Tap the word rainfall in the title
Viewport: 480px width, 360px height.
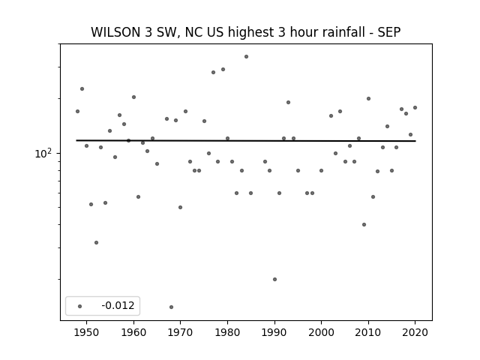click(340, 32)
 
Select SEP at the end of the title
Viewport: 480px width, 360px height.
click(388, 32)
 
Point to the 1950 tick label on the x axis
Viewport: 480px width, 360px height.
click(87, 332)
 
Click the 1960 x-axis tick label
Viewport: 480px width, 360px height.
click(133, 332)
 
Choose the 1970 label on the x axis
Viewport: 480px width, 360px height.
click(181, 332)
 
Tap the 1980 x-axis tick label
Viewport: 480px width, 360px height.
click(227, 332)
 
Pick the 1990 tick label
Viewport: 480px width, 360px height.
click(274, 332)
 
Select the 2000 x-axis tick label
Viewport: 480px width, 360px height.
click(322, 332)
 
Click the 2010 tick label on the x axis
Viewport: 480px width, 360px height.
click(368, 332)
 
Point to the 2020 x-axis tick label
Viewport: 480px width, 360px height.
click(415, 332)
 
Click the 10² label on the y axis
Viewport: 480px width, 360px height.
click(43, 153)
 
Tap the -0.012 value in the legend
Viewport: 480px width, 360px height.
click(118, 305)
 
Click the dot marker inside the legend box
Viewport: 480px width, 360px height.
click(79, 306)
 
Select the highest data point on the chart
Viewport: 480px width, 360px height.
click(247, 57)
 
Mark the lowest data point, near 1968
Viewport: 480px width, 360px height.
click(172, 307)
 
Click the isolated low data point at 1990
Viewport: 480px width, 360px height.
click(275, 279)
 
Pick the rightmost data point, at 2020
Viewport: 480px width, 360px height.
click(415, 108)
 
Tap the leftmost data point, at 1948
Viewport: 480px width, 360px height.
click(77, 112)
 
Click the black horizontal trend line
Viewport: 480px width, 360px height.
click(246, 141)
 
